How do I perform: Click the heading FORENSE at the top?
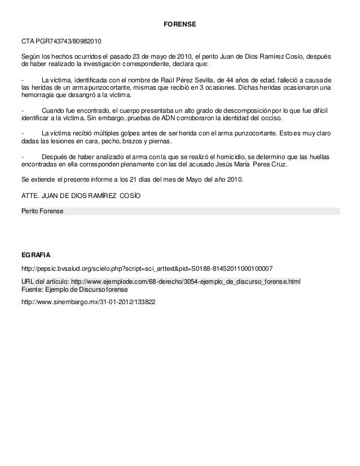(179, 26)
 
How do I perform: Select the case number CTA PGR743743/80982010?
(62, 42)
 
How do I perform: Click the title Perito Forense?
(42, 211)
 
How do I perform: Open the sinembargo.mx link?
(88, 301)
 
